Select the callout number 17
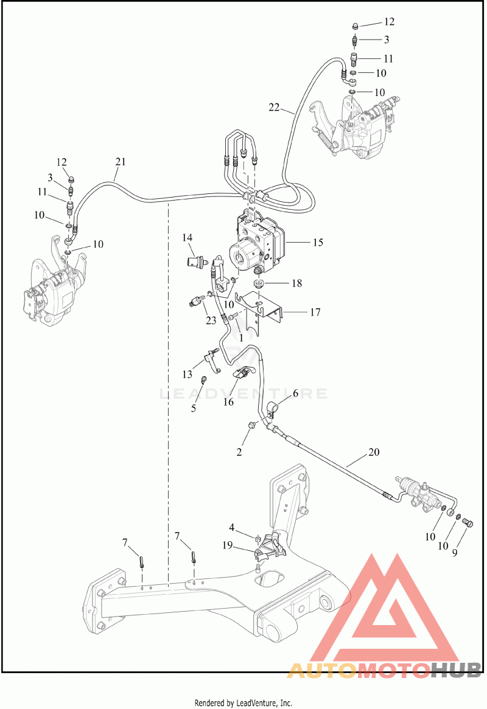pyautogui.click(x=315, y=313)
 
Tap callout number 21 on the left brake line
pyautogui.click(x=120, y=162)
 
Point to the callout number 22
pyautogui.click(x=275, y=107)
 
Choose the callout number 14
pyautogui.click(x=187, y=237)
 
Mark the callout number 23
pyautogui.click(x=211, y=320)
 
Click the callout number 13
pyautogui.click(x=187, y=373)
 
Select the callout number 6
pyautogui.click(x=295, y=393)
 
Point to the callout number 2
pyautogui.click(x=239, y=452)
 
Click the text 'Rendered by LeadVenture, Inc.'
pyautogui.click(x=243, y=703)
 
